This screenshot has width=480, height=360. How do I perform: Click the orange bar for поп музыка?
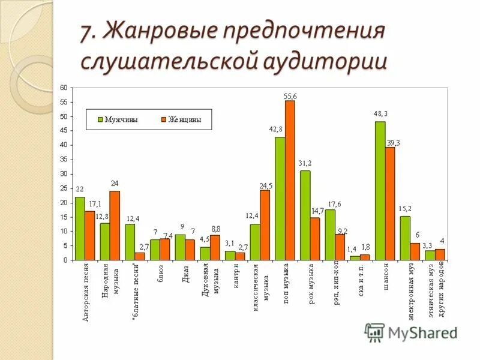point(290,180)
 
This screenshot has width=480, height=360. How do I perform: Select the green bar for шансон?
point(380,191)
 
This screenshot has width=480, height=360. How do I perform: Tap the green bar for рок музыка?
point(305,215)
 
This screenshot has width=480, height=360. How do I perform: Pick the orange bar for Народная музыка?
point(115,226)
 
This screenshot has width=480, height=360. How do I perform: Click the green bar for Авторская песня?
point(80,229)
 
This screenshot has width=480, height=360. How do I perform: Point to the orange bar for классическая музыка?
point(265,225)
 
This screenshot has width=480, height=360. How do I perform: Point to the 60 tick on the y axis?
point(63,88)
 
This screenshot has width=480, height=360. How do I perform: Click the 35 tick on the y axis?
point(63,160)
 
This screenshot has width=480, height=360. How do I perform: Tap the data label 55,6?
point(290,96)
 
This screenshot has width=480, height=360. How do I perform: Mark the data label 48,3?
point(380,113)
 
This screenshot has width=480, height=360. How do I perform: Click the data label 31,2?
point(305,163)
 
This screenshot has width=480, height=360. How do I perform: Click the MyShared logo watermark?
point(411,332)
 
